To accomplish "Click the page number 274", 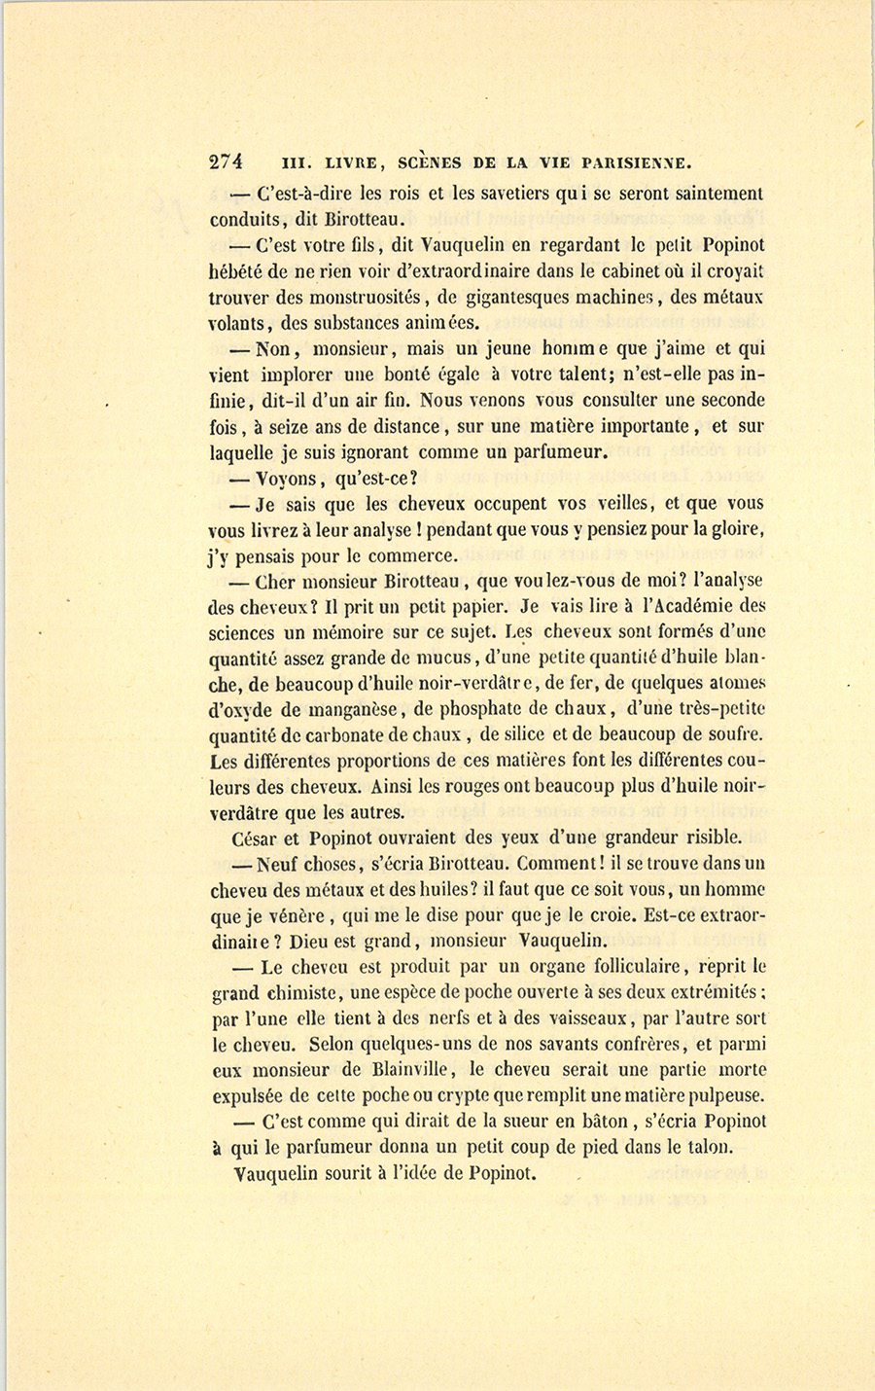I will coord(226,162).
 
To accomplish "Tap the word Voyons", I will coord(287,479).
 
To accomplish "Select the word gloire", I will coord(737,530).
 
